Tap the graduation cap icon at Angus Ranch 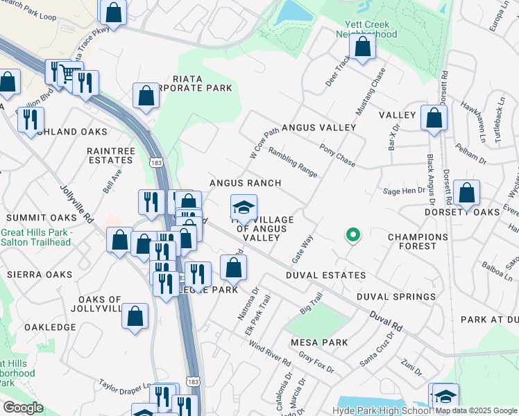244,207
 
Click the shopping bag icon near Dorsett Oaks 467,193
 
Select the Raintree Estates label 110,155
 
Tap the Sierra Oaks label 40,275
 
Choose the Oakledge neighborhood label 49,327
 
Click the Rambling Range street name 292,162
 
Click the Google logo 22,408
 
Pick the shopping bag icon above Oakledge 135,315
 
